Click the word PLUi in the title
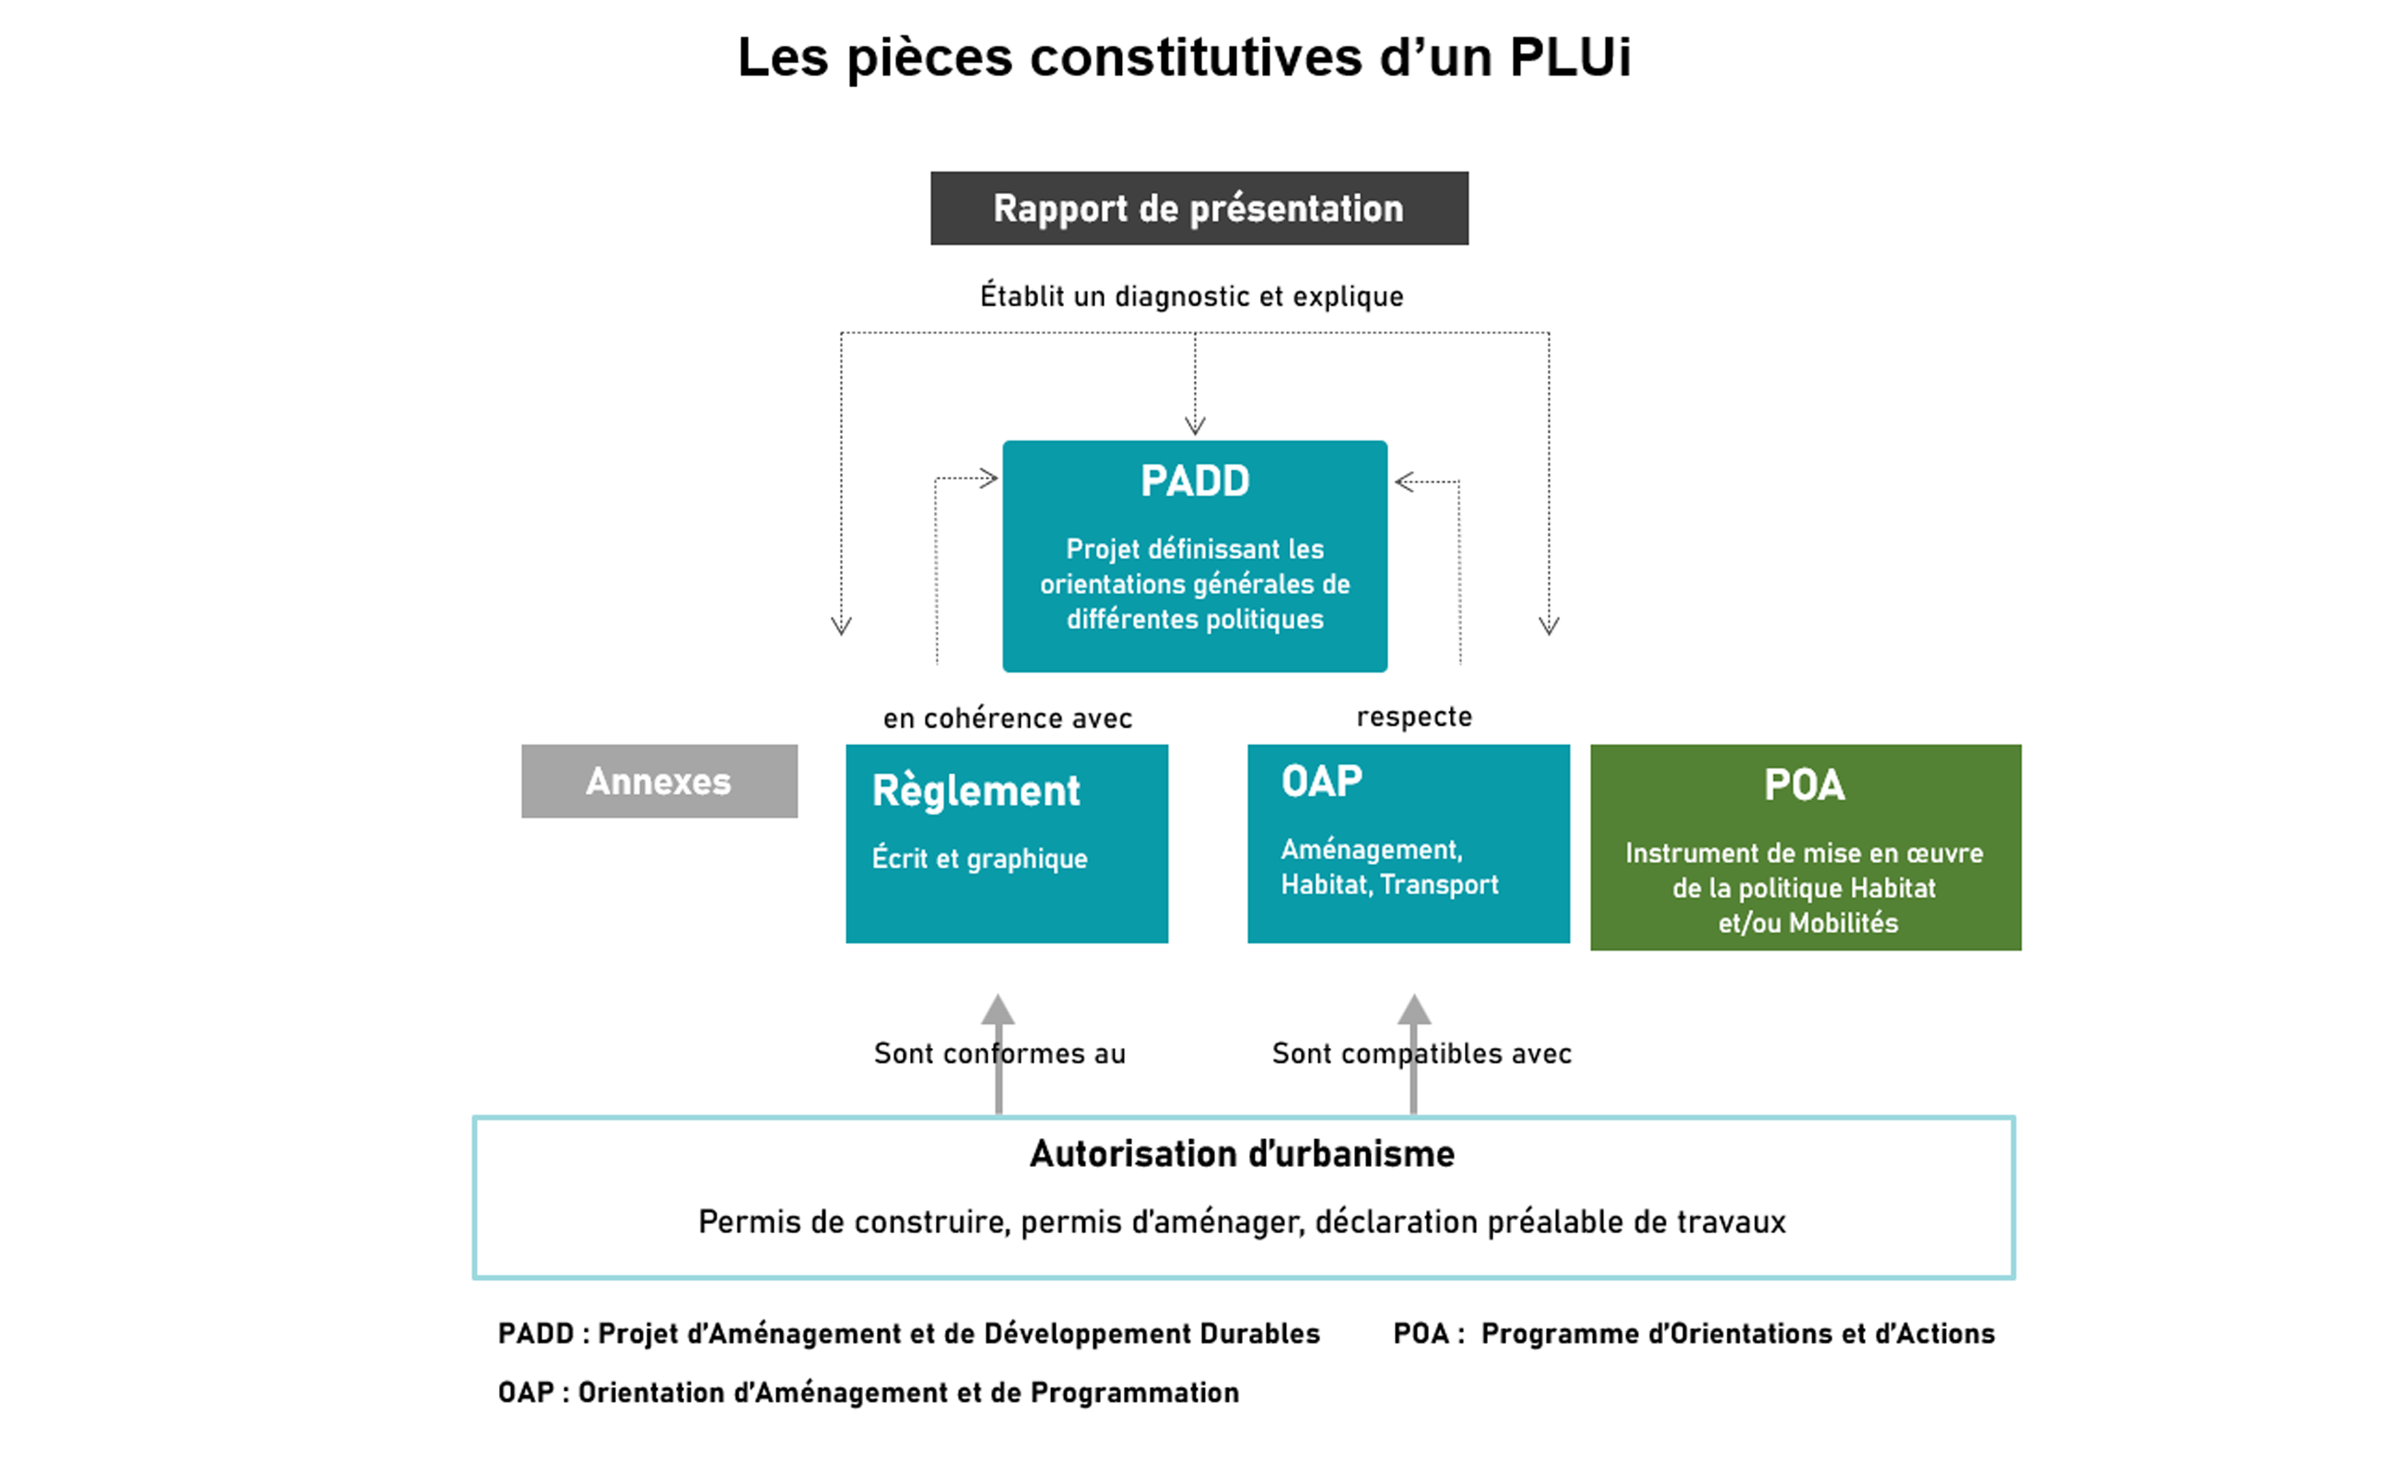tap(1570, 57)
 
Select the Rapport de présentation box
tap(1199, 208)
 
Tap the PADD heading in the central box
tap(1195, 482)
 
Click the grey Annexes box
tap(659, 781)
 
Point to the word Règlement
tap(976, 791)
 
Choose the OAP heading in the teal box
tap(1322, 781)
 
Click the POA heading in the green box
tap(1805, 785)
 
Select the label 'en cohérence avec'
tap(1007, 718)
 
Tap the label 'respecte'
tap(1414, 717)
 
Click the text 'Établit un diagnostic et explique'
tap(1191, 295)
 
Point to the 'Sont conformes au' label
tap(999, 1053)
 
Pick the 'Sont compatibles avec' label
tap(1421, 1053)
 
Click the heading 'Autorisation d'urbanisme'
tap(1242, 1154)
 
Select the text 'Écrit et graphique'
tap(980, 859)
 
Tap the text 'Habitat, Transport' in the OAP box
tap(1390, 885)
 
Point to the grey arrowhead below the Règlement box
tap(998, 1010)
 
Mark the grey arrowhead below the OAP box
tap(1414, 1010)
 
